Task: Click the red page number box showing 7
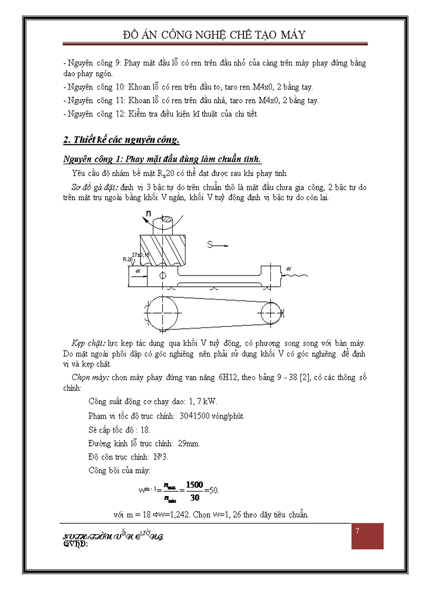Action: tap(367, 536)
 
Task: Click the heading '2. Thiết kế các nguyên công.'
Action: tap(121, 140)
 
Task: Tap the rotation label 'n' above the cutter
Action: tap(149, 213)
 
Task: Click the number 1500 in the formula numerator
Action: tap(194, 484)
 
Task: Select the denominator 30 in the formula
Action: tap(194, 497)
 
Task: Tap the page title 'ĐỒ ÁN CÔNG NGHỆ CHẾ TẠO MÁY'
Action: tap(214, 35)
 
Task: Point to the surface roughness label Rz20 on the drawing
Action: tap(128, 259)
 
